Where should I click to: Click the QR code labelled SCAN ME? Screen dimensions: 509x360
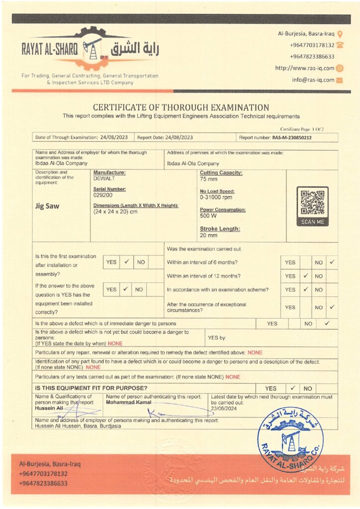(312, 203)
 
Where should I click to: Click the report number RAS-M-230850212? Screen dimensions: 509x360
(289, 138)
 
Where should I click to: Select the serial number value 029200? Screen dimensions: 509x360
(103, 195)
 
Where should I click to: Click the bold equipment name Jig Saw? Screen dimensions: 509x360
(48, 206)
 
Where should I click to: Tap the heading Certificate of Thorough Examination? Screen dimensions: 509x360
(181, 107)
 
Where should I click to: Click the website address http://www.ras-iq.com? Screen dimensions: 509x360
(305, 68)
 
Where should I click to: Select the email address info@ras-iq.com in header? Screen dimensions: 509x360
(313, 80)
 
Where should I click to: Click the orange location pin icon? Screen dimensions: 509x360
(340, 34)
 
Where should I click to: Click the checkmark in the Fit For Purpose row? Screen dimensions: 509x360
(293, 388)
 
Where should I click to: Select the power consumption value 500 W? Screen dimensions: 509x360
(208, 216)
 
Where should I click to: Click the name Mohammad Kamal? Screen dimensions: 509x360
(128, 402)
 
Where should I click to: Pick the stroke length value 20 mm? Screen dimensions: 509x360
(209, 235)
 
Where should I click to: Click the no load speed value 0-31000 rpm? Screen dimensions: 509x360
(217, 197)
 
